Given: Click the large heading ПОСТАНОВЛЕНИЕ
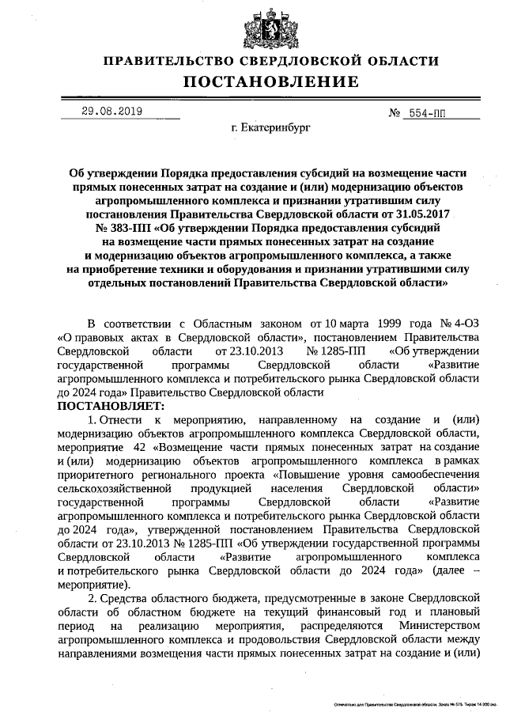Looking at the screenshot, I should coord(271,81).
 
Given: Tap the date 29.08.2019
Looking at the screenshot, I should coord(111,111).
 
